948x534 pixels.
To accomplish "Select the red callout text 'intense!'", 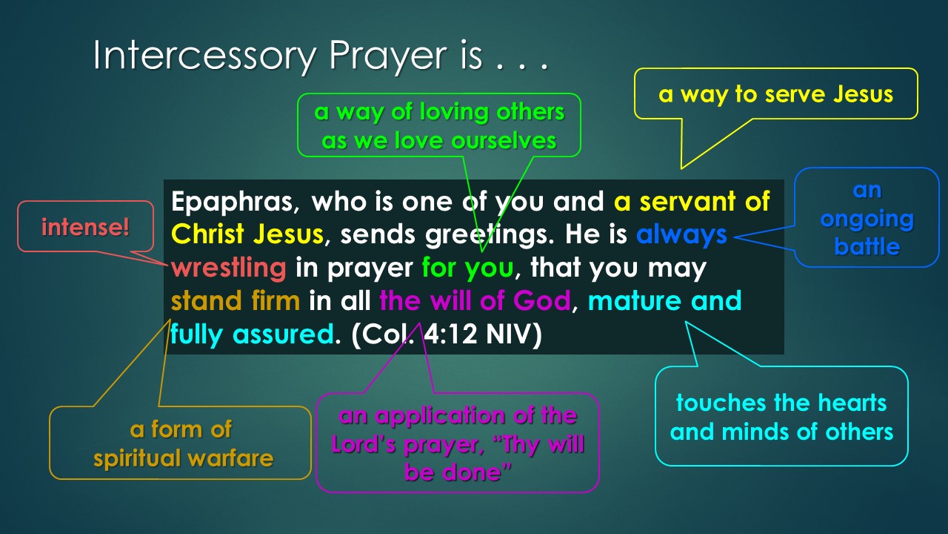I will click(85, 227).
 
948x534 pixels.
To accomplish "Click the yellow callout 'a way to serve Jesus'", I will click(775, 95).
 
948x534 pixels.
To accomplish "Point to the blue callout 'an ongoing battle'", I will click(867, 218).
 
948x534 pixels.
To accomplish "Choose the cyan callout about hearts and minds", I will click(781, 417).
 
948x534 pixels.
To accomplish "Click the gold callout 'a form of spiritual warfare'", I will click(181, 444).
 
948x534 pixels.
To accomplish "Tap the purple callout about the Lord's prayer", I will click(458, 444).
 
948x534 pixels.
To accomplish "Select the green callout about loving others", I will click(439, 125).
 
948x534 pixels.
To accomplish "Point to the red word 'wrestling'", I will click(229, 267).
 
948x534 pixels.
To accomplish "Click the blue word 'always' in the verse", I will click(681, 234).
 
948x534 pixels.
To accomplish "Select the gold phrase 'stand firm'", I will click(236, 300).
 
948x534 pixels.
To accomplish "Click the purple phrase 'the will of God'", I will click(475, 300).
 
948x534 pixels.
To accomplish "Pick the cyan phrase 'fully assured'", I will click(250, 334).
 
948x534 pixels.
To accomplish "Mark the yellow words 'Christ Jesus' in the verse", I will click(247, 234).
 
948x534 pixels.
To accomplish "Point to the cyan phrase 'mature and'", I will click(664, 300).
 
